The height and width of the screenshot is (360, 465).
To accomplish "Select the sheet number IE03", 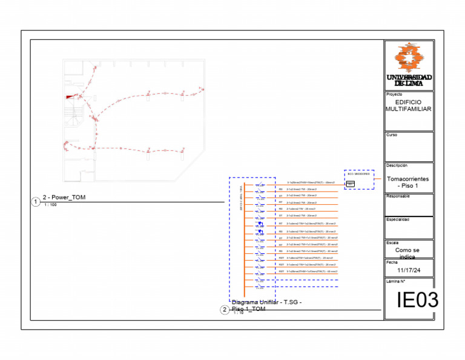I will [417, 300].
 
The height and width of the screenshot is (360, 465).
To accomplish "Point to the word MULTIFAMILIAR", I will [409, 109].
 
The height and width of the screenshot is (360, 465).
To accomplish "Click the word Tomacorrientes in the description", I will [408, 179].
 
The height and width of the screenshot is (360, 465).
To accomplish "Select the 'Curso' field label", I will [392, 135].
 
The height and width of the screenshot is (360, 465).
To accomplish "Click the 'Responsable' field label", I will [398, 196].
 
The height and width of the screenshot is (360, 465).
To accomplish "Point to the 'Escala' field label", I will [392, 243].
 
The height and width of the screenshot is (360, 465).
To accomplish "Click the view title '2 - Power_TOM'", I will [64, 198].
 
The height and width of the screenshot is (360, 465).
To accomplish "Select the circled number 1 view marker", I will [36, 202].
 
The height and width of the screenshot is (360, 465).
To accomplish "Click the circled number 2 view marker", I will [225, 310].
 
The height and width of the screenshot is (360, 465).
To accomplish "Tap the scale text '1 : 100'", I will [50, 205].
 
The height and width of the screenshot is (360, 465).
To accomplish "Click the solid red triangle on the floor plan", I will [71, 96].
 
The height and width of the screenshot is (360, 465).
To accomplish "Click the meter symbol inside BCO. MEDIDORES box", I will [351, 184].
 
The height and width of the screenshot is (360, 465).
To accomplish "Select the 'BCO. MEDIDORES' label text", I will [358, 174].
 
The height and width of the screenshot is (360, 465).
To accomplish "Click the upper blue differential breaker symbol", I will [260, 224].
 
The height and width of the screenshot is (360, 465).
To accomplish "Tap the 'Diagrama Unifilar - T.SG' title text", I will [266, 302].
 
